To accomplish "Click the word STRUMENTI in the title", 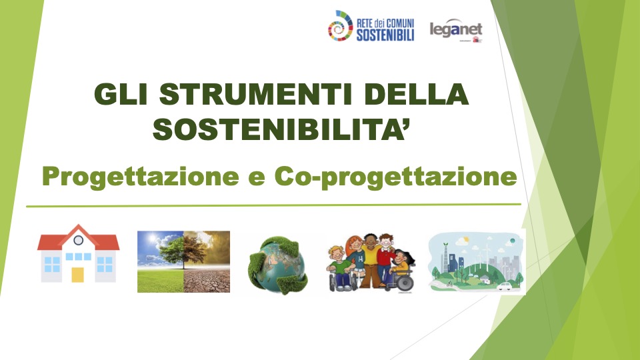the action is pyautogui.click(x=256, y=94).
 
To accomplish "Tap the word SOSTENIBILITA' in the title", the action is pyautogui.click(x=281, y=129).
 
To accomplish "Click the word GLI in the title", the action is pyautogui.click(x=121, y=94).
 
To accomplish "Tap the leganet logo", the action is pyautogui.click(x=456, y=30).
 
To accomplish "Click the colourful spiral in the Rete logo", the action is pyautogui.click(x=340, y=26).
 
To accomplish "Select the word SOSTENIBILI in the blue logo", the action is pyautogui.click(x=385, y=35).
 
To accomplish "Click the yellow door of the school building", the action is pyautogui.click(x=77, y=275).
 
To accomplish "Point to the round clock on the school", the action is pyautogui.click(x=79, y=240).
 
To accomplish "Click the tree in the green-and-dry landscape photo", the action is pyautogui.click(x=183, y=250).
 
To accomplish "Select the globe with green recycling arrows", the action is pyautogui.click(x=278, y=265).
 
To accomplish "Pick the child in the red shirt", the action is pyautogui.click(x=385, y=258).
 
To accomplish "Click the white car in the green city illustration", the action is pyautogui.click(x=504, y=286).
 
